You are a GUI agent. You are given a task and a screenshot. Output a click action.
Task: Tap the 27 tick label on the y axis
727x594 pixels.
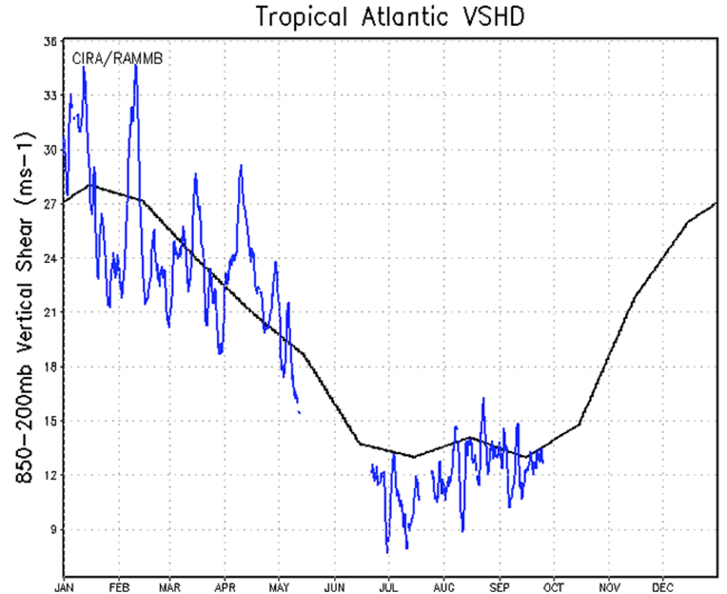pos(50,205)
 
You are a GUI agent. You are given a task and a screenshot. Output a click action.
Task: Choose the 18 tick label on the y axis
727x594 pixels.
pos(50,367)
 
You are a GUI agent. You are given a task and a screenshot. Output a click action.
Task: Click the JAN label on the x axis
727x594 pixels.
pos(64,588)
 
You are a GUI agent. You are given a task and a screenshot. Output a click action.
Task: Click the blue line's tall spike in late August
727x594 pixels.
pos(483,398)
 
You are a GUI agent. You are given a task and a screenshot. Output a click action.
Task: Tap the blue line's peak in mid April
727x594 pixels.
pos(241,166)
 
